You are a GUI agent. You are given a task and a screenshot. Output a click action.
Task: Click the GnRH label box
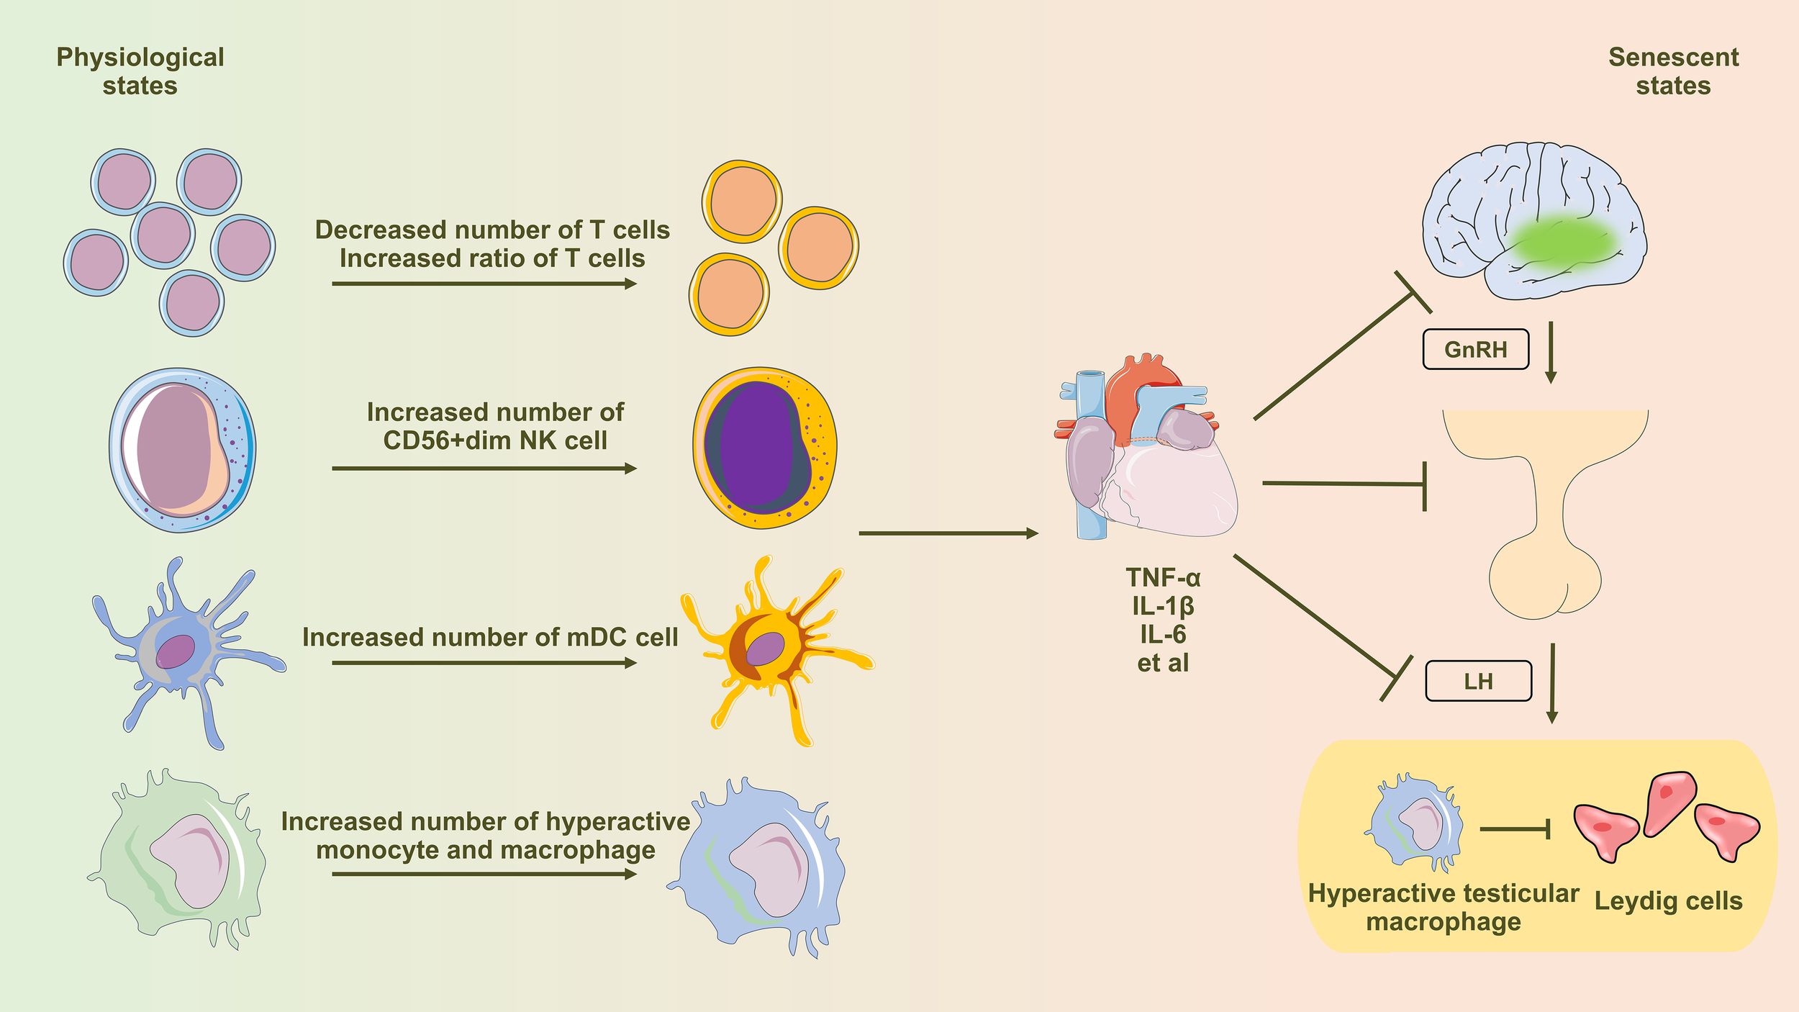click(x=1475, y=350)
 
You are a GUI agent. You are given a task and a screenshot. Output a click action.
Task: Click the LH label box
click(x=1478, y=681)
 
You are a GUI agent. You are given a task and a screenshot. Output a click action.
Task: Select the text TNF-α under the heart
click(x=1163, y=578)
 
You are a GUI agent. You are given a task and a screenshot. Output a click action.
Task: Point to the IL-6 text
click(x=1163, y=634)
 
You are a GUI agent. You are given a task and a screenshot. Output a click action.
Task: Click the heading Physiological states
click(x=140, y=71)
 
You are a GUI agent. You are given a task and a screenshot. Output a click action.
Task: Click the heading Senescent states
click(x=1673, y=71)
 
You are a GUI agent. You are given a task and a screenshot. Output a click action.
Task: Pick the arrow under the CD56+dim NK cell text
click(x=484, y=469)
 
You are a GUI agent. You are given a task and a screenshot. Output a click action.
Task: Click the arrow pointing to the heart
click(x=948, y=533)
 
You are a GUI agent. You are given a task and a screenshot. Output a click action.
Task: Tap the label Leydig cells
click(x=1668, y=901)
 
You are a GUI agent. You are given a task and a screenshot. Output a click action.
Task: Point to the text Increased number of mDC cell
click(x=490, y=637)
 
